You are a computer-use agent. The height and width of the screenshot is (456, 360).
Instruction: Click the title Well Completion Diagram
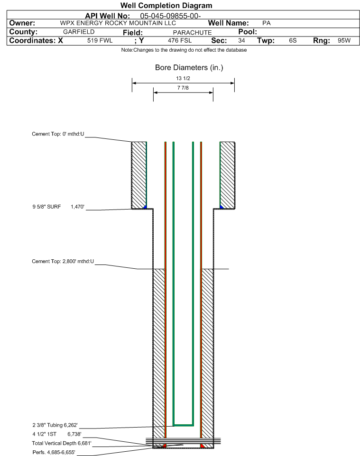click(x=166, y=6)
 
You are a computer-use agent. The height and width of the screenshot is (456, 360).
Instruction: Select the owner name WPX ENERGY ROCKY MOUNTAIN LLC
click(x=118, y=23)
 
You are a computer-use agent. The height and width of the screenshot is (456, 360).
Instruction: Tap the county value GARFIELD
click(x=79, y=32)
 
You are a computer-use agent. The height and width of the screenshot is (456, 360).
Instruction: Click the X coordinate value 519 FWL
click(x=100, y=41)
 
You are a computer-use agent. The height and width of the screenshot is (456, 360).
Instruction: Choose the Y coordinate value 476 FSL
click(x=179, y=41)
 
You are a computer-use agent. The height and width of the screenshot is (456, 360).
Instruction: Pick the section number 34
click(x=241, y=41)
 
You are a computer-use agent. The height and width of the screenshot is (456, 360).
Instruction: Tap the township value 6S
click(x=293, y=41)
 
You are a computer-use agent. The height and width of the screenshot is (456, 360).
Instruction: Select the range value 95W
click(x=344, y=41)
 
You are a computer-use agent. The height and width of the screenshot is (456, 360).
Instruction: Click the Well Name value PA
click(x=267, y=23)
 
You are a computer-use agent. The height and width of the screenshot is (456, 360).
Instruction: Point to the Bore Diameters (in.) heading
click(x=189, y=68)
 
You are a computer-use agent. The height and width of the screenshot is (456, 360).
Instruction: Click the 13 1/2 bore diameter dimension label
click(x=183, y=79)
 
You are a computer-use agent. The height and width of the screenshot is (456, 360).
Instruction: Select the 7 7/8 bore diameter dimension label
click(x=183, y=88)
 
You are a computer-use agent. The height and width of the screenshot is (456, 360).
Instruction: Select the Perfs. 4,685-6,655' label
click(x=54, y=452)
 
